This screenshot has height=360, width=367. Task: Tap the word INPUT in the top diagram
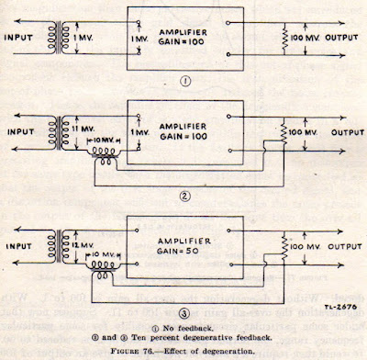tap(25, 37)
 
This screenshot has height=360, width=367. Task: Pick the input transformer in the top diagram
tap(68, 37)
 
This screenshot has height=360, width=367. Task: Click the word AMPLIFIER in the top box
tap(183, 28)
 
